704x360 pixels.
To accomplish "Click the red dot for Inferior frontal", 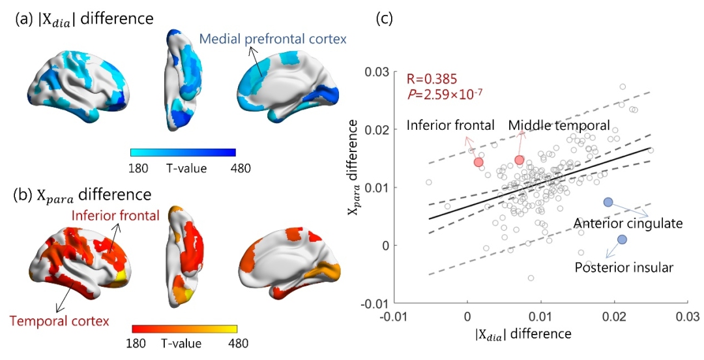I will coord(478,162).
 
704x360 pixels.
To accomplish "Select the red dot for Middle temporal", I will coord(519,160).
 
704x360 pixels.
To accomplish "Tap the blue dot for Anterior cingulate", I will coord(608,202).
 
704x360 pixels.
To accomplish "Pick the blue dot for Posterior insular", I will coord(622,239).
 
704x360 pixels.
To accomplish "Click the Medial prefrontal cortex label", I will coord(272,39).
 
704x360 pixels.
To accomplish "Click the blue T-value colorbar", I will coord(183,152).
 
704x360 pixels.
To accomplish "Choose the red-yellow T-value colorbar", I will coord(184,329).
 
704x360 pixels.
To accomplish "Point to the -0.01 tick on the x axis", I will coord(393,316).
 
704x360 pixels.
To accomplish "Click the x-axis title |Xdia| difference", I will coord(521,334).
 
